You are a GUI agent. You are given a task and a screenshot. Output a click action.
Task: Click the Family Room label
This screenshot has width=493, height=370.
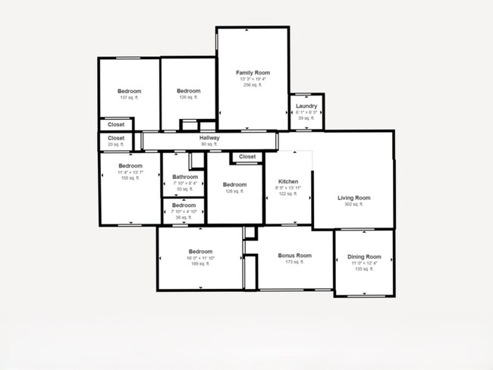pos(253,72)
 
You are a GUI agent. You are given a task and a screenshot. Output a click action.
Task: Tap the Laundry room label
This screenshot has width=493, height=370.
pos(306,106)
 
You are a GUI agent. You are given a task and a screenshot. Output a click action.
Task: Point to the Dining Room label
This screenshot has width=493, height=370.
pos(364,257)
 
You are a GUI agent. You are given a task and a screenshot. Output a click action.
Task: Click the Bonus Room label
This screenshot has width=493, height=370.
pos(294,256)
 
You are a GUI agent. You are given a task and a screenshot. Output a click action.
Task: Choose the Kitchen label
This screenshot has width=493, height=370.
pos(288,182)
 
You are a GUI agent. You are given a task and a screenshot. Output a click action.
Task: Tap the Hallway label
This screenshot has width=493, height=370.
pos(209,138)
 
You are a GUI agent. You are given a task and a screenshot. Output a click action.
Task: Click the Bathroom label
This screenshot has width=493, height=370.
pos(185,177)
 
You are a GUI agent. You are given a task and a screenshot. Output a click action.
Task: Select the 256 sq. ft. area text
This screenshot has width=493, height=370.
pos(253,84)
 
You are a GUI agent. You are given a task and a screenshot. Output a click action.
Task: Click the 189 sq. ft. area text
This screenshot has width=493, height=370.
pos(200,265)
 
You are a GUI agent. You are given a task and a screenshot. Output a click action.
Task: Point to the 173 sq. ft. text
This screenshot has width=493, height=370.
pos(294,262)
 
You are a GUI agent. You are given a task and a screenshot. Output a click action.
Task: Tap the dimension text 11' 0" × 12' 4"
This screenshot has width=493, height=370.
pos(364,263)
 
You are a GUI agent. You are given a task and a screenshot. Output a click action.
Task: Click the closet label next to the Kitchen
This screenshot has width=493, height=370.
pos(247,157)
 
